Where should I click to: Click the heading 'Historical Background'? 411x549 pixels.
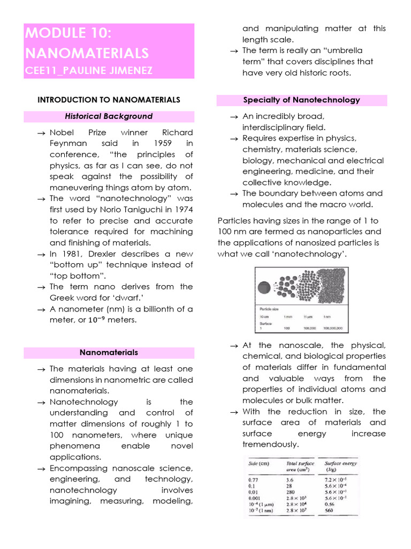[109, 116]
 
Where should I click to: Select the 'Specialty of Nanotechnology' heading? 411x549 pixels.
[301, 100]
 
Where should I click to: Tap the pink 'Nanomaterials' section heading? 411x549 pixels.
[109, 352]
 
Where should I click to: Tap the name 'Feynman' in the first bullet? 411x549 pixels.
[65, 143]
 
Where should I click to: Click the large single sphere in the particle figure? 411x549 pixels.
[264, 287]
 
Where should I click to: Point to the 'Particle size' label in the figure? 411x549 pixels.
[270, 310]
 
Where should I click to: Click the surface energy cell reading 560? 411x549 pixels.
[329, 510]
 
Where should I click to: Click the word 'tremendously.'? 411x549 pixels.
[270, 444]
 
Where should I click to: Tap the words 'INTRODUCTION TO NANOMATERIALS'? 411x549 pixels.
[109, 99]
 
